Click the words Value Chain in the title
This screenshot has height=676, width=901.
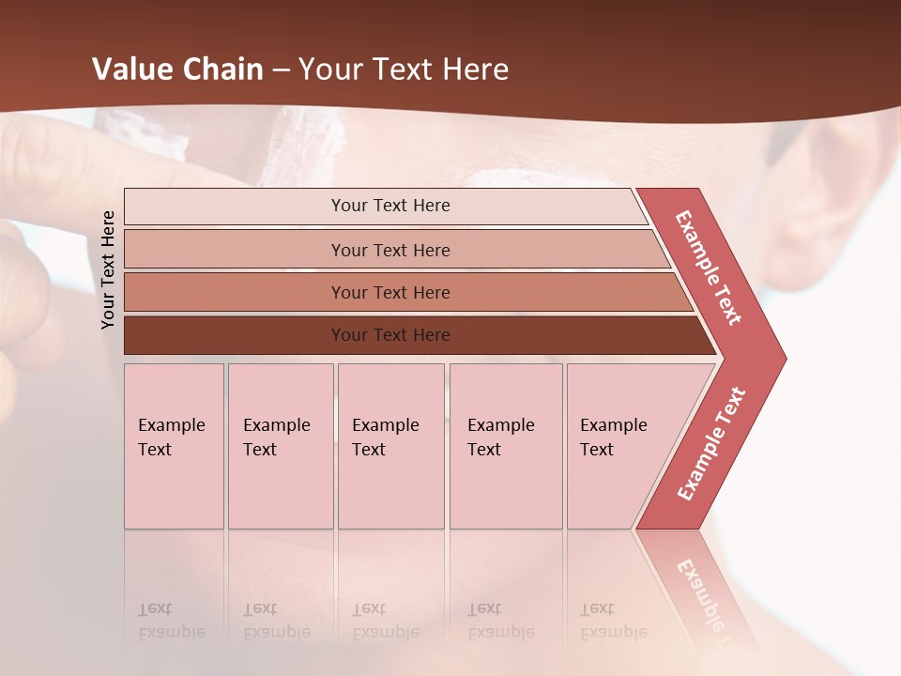pos(177,69)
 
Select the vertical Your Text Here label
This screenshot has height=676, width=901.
pos(109,269)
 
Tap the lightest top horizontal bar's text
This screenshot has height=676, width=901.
pos(390,206)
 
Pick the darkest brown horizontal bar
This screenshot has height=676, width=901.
pos(390,335)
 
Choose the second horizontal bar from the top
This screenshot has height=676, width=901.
pos(390,250)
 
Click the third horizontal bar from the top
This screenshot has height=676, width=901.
pos(390,293)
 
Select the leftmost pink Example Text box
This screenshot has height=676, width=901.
pos(174,446)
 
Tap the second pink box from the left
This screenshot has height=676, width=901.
pos(281,446)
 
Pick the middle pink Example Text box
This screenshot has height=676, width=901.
pos(390,446)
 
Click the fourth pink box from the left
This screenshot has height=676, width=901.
pos(506,446)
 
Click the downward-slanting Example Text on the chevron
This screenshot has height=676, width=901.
pos(709,268)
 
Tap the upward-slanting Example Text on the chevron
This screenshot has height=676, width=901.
pos(711,444)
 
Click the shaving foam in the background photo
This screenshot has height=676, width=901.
pos(300,146)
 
